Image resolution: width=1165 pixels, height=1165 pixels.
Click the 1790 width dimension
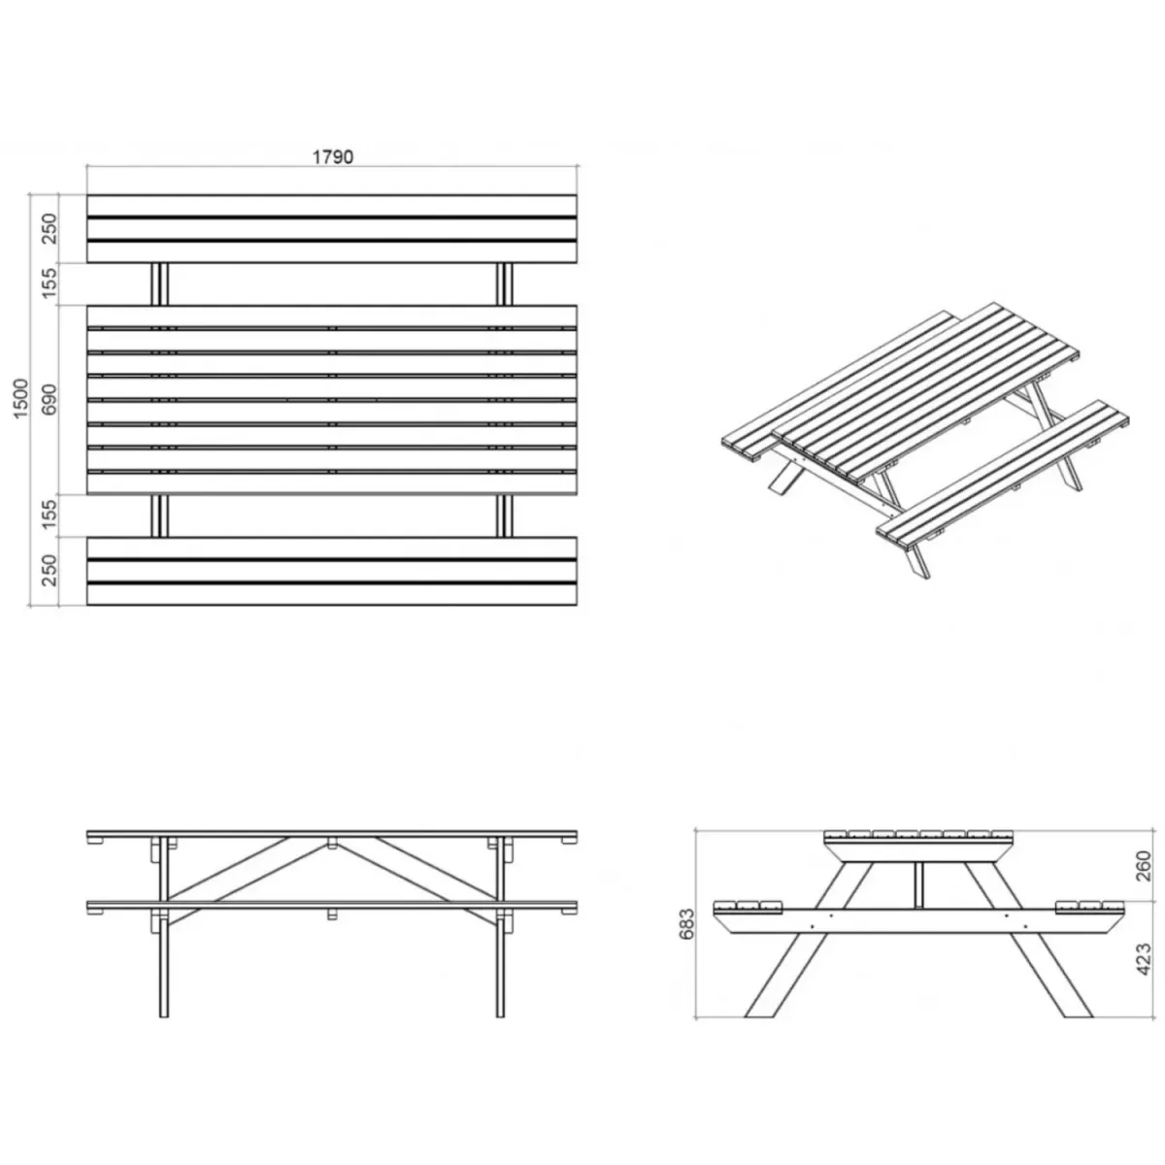click(333, 157)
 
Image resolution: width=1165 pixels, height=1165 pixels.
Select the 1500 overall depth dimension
click(21, 399)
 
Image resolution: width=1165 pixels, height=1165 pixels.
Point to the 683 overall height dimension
click(687, 924)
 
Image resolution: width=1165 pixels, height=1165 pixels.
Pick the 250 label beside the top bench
click(50, 228)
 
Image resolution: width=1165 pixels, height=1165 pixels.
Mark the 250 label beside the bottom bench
click(50, 570)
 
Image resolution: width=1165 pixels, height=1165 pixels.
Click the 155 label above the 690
click(50, 283)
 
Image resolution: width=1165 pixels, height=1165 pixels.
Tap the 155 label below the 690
click(50, 515)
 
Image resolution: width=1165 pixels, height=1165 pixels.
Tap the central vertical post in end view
click(919, 884)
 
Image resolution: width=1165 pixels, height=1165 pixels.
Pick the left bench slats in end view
click(748, 907)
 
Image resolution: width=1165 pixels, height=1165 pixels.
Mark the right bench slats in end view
click(1090, 907)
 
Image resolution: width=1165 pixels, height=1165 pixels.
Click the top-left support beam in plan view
click(159, 284)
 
